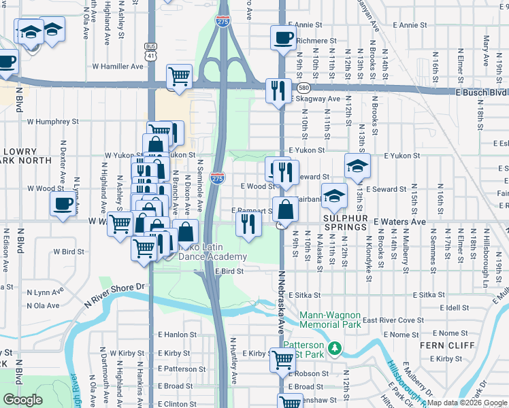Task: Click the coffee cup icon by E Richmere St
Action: tap(282, 38)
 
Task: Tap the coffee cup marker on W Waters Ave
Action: tap(62, 203)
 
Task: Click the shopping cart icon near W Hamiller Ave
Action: tap(179, 76)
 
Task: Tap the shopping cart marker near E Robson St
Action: tap(282, 360)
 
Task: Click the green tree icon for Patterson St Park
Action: tap(334, 348)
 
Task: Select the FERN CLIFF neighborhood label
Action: tap(442, 345)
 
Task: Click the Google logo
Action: tap(22, 400)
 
